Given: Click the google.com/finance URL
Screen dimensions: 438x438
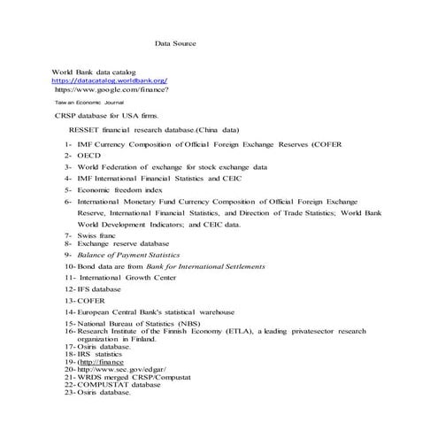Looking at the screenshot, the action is click(x=112, y=89).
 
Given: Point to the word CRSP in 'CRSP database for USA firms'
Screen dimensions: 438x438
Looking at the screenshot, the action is click(x=65, y=115).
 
